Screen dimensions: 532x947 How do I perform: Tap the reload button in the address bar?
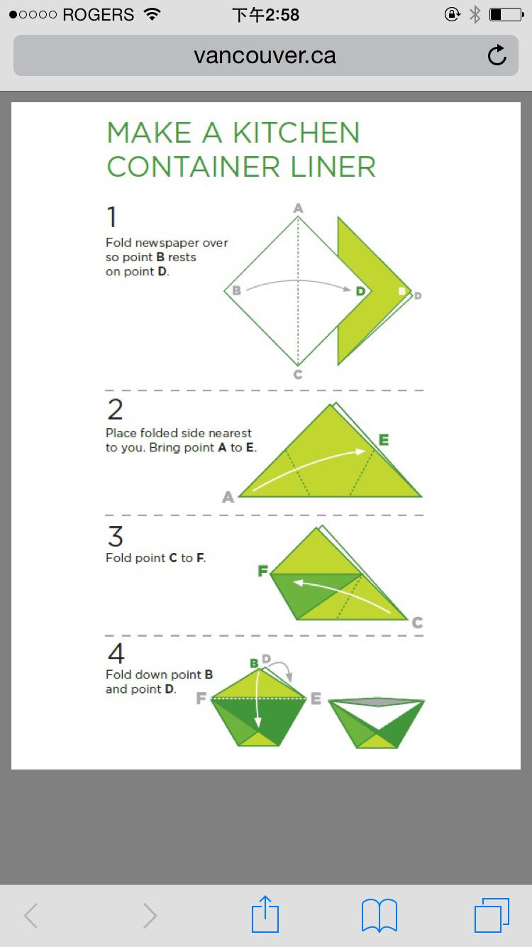coord(497,55)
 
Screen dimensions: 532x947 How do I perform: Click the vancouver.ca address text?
coord(265,55)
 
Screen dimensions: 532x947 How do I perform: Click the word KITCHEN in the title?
coord(297,133)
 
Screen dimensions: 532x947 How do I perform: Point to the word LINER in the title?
coord(333,167)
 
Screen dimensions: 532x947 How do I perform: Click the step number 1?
coord(111,217)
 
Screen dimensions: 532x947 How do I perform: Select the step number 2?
coord(115,409)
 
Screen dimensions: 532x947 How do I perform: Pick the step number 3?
coord(115,536)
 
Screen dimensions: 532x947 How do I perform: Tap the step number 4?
coord(116,653)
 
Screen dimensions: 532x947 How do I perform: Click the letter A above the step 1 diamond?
coord(299,208)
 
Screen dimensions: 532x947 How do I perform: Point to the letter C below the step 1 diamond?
coord(298,374)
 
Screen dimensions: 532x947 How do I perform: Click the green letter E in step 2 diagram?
coord(384,440)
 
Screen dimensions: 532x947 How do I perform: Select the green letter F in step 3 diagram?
coord(263,571)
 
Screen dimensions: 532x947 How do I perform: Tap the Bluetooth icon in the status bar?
coord(475,15)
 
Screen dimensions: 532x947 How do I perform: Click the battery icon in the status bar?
coord(506,15)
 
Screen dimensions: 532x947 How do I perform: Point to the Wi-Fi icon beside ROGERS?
coord(152,14)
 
